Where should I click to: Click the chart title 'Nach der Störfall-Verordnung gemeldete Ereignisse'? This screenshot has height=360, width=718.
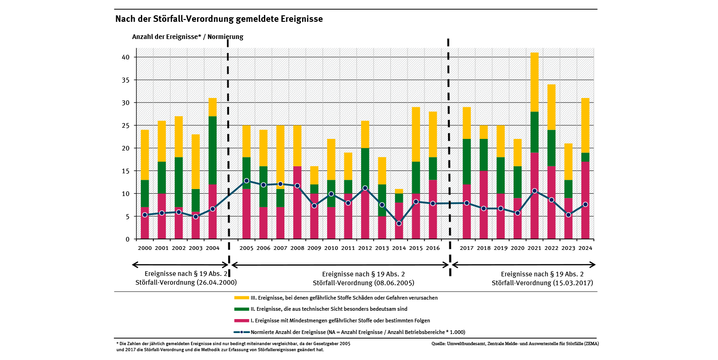[x=219, y=19]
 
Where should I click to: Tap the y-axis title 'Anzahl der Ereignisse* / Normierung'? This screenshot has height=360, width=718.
[x=187, y=37]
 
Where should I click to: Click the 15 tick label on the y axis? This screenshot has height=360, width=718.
[x=125, y=171]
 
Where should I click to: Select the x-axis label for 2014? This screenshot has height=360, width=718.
[x=399, y=248]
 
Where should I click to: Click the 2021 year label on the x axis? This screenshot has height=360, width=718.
[x=534, y=248]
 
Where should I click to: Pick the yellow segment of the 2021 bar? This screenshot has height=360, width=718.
[x=534, y=82]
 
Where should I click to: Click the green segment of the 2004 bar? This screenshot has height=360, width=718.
[x=212, y=150]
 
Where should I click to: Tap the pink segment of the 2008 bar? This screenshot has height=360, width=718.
[x=297, y=203]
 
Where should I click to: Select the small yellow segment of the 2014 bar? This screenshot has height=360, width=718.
[x=399, y=191]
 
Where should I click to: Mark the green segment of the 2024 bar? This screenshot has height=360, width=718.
[x=585, y=157]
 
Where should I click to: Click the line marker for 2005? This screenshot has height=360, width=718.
[x=246, y=181]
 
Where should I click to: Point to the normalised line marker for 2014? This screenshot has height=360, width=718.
[x=399, y=223]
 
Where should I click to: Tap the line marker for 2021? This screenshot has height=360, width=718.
[x=534, y=191]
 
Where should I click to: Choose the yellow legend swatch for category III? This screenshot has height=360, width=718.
[x=242, y=298]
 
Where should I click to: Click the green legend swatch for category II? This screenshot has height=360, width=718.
[x=242, y=309]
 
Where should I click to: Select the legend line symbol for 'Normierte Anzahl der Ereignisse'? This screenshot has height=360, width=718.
[x=242, y=332]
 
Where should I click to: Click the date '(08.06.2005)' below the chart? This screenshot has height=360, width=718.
[x=393, y=283]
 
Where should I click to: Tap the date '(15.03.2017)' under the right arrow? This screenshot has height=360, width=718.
[x=572, y=283]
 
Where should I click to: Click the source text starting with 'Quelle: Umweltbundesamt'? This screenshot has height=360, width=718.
[x=515, y=344]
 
